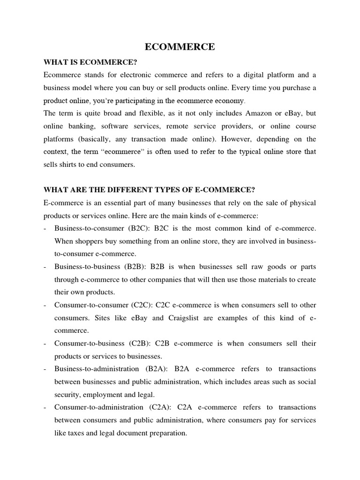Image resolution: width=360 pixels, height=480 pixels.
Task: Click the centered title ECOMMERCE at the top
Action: pyautogui.click(x=180, y=47)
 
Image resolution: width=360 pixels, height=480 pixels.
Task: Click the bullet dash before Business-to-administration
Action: pyautogui.click(x=44, y=369)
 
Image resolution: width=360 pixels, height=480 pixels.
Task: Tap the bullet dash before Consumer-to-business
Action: pyautogui.click(x=44, y=344)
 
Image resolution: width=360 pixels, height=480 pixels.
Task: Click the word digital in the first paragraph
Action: pyautogui.click(x=244, y=75)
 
